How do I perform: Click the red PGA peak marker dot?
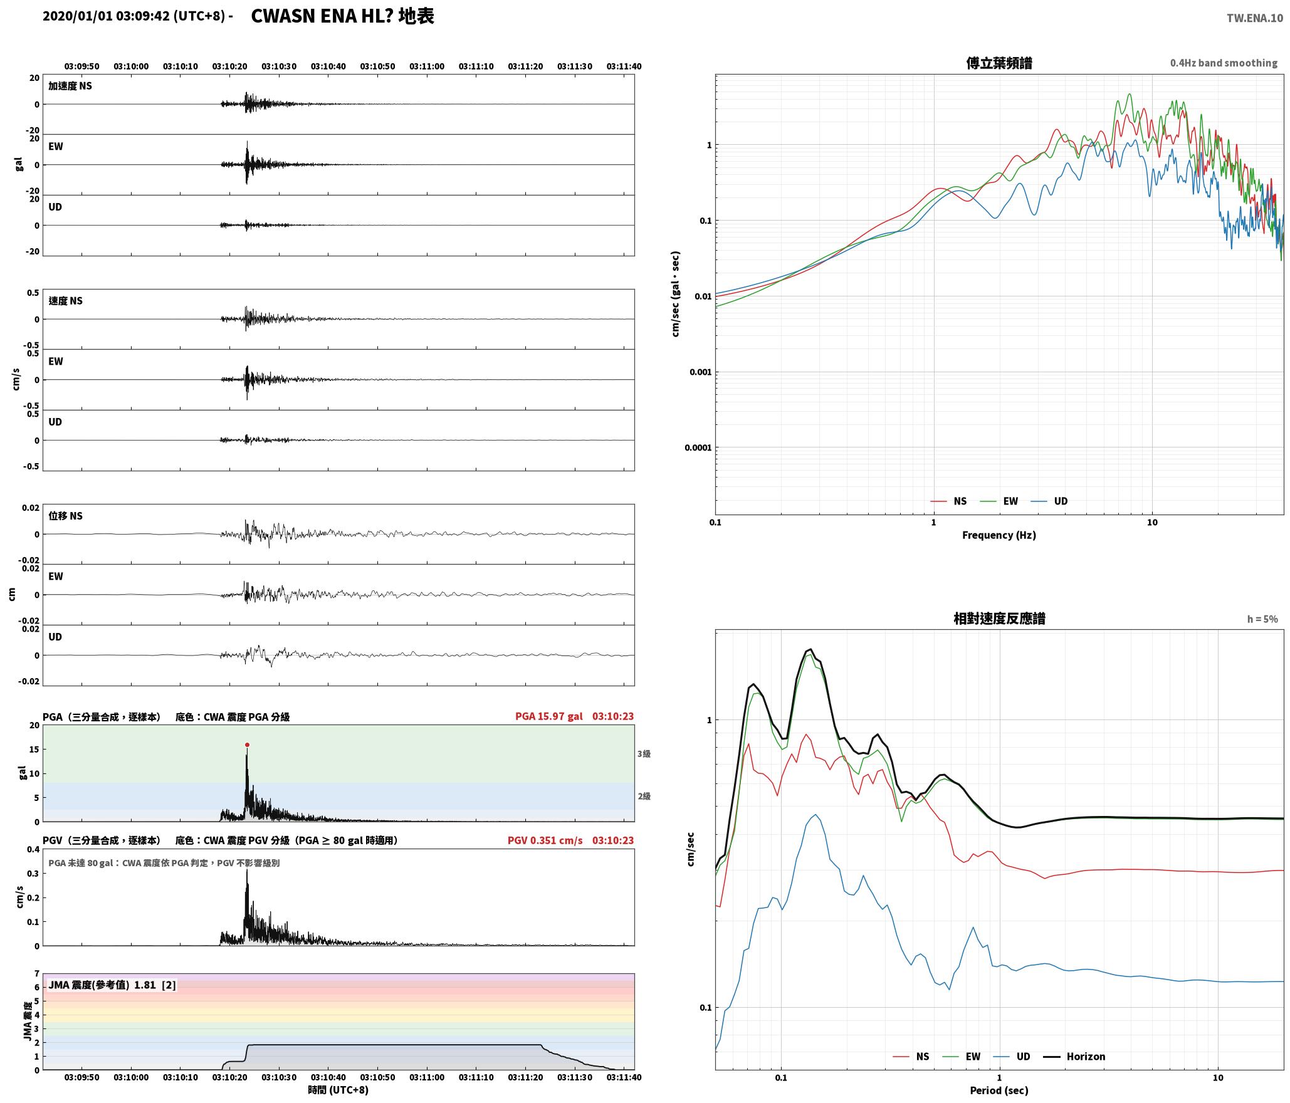pos(247,745)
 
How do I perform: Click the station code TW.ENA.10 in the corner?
pos(1255,18)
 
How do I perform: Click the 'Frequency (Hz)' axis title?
pos(999,535)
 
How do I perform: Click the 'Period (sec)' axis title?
pos(999,1090)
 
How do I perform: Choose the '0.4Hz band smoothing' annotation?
pos(1224,63)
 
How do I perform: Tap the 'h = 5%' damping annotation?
pos(1262,619)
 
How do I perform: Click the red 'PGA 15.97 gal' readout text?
pos(549,716)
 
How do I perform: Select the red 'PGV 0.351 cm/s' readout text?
pos(545,840)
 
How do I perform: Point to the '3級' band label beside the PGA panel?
pos(644,753)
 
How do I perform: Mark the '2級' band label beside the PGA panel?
pos(644,796)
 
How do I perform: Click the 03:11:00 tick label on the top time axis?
pos(427,66)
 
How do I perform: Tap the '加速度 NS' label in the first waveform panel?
pos(70,86)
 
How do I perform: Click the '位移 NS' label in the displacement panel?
pos(66,516)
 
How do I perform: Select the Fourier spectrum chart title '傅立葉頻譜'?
pos(999,63)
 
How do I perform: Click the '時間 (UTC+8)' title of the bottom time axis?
pos(338,1090)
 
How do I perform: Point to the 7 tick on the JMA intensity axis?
pos(36,973)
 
